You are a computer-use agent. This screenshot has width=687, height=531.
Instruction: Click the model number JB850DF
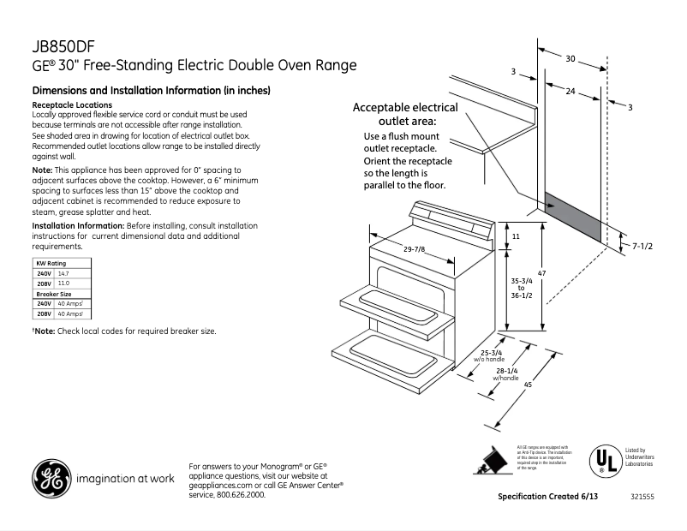click(59, 48)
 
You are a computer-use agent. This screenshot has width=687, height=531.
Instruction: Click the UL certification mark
click(605, 461)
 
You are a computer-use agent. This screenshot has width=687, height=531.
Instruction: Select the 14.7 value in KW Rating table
click(63, 272)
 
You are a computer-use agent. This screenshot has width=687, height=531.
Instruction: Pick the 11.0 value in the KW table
click(63, 283)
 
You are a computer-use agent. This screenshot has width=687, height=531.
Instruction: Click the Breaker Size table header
click(53, 294)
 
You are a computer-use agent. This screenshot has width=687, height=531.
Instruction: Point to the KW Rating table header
click(51, 263)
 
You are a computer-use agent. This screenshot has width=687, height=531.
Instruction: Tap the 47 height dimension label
click(541, 273)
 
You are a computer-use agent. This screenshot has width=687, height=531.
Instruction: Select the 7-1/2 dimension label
click(642, 246)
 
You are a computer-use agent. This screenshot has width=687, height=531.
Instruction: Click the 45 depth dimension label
click(529, 385)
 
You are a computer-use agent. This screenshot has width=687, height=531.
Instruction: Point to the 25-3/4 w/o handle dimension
click(491, 355)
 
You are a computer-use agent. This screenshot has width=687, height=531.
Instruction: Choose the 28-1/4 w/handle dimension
click(506, 373)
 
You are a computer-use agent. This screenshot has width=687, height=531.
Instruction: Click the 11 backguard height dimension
click(516, 235)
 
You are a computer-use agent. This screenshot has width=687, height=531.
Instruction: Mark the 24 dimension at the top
click(570, 91)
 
